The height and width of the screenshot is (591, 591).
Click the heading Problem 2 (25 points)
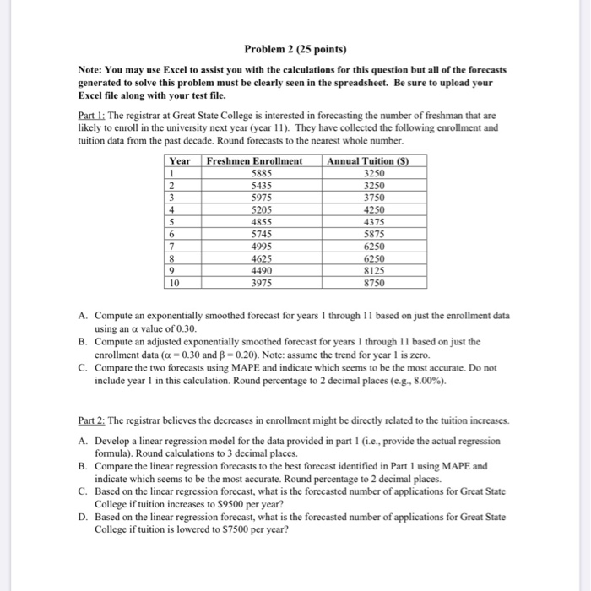(295, 48)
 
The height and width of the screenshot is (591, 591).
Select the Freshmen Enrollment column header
(254, 160)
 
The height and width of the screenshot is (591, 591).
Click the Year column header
(179, 160)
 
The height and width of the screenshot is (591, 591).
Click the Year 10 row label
(174, 283)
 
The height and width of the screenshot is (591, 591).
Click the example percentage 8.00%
(473, 379)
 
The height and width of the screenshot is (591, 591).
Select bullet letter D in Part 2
(82, 517)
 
